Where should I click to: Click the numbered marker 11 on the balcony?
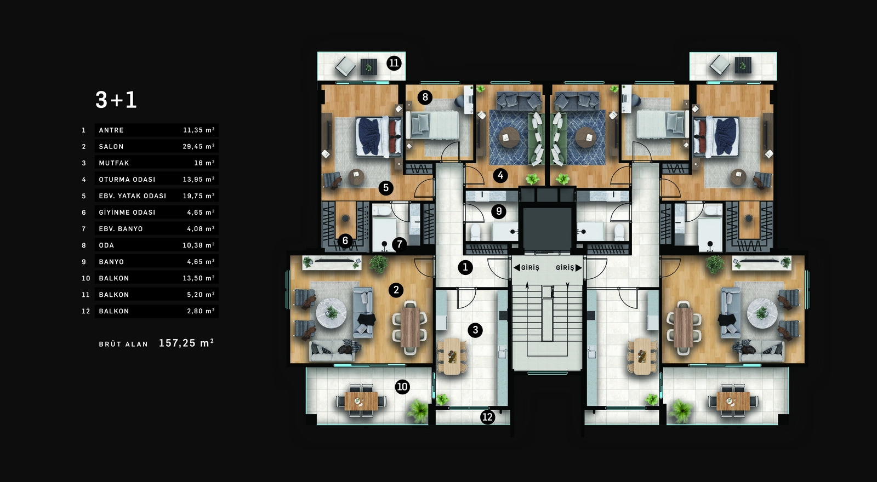pyautogui.click(x=394, y=63)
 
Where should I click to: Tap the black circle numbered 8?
pyautogui.click(x=425, y=96)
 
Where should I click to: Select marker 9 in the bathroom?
pyautogui.click(x=499, y=211)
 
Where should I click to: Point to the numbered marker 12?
pyautogui.click(x=487, y=417)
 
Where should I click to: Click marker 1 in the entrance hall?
pyautogui.click(x=465, y=268)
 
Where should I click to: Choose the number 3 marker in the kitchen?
pyautogui.click(x=475, y=330)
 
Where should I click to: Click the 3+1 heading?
pyautogui.click(x=116, y=100)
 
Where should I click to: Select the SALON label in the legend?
pyautogui.click(x=111, y=147)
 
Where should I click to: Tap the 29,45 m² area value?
pyautogui.click(x=198, y=146)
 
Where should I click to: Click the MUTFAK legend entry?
pyautogui.click(x=114, y=163)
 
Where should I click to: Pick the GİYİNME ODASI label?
pyautogui.click(x=127, y=213)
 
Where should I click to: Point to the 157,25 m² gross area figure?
pyautogui.click(x=186, y=343)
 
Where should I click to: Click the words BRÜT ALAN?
pyautogui.click(x=123, y=345)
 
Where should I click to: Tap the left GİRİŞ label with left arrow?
pyautogui.click(x=526, y=268)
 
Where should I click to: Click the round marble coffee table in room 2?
pyautogui.click(x=331, y=313)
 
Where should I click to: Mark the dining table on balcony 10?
pyautogui.click(x=361, y=401)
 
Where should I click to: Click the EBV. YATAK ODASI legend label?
pyautogui.click(x=133, y=196)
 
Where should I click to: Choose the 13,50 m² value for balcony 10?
pyautogui.click(x=198, y=278)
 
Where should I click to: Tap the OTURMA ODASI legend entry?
pyautogui.click(x=127, y=180)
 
